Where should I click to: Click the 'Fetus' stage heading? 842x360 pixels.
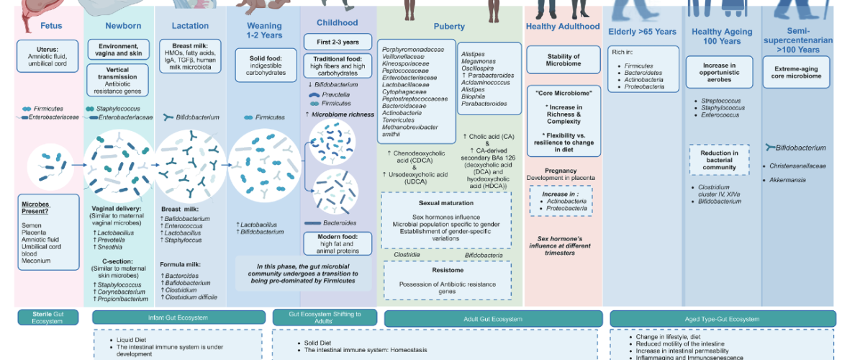pos(51,26)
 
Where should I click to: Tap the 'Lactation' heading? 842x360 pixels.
pos(190,26)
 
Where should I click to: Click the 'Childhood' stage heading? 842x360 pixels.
pos(337,23)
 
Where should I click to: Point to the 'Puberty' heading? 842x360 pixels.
pos(449,27)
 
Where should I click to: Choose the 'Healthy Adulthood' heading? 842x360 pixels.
pos(562,27)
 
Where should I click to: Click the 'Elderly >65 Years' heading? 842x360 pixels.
pos(643,32)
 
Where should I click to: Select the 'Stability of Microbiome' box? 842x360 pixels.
pos(563,60)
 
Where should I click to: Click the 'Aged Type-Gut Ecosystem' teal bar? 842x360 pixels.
pos(722,318)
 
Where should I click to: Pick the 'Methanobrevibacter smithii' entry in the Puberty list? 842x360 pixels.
pos(408,130)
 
